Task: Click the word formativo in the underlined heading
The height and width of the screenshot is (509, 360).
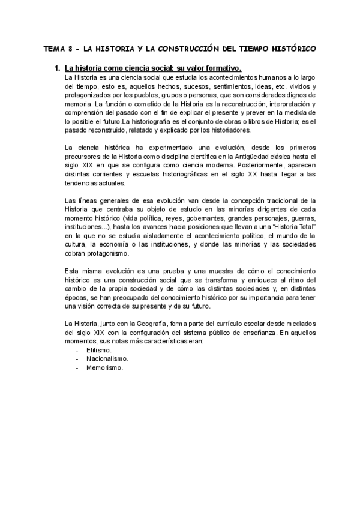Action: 220,68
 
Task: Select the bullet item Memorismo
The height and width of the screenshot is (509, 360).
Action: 105,368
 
